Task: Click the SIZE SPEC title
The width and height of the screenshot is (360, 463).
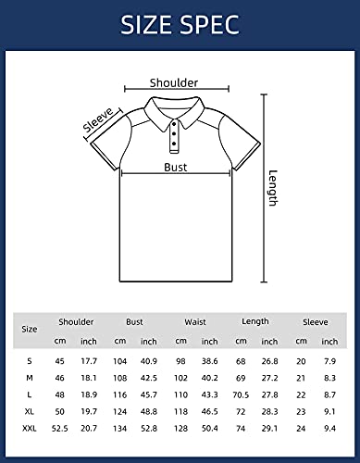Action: pyautogui.click(x=180, y=24)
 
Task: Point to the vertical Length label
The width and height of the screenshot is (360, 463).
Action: pyautogui.click(x=272, y=188)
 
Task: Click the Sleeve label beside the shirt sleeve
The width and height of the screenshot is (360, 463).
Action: pyautogui.click(x=97, y=120)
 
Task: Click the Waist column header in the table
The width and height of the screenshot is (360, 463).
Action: pyautogui.click(x=195, y=322)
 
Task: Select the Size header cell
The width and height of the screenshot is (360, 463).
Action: pyautogui.click(x=31, y=329)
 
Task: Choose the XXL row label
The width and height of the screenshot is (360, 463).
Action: pyautogui.click(x=31, y=429)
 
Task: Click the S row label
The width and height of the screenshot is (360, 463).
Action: pyautogui.click(x=31, y=359)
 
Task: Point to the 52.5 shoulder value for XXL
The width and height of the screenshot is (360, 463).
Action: pyautogui.click(x=60, y=429)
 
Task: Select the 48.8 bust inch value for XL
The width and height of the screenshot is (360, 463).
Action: pyautogui.click(x=149, y=411)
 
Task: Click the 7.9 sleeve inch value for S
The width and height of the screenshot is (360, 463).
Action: pyautogui.click(x=329, y=359)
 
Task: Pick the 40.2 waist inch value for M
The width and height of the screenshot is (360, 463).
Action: pyautogui.click(x=209, y=377)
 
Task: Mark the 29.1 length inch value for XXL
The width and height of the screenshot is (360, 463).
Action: pyautogui.click(x=269, y=429)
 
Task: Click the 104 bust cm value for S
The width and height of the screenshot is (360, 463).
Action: pyautogui.click(x=119, y=359)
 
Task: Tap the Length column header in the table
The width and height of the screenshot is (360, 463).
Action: pyautogui.click(x=254, y=321)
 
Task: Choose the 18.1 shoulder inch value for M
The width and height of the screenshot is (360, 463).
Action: pyautogui.click(x=89, y=377)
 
